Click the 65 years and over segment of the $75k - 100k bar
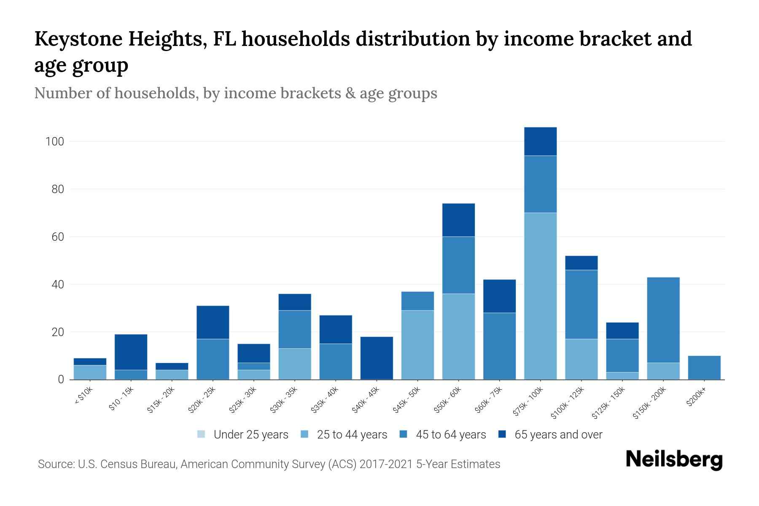pyautogui.click(x=540, y=141)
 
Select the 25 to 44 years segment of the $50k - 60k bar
pyautogui.click(x=458, y=336)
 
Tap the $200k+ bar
pyautogui.click(x=704, y=368)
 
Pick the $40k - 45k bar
pyautogui.click(x=377, y=358)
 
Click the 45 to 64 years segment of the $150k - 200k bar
pyautogui.click(x=663, y=320)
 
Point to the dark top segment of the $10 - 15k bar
pyautogui.click(x=131, y=352)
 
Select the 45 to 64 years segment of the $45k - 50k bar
pyautogui.click(x=417, y=301)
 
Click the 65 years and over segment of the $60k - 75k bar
pyautogui.click(x=499, y=296)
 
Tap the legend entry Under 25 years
pyautogui.click(x=251, y=435)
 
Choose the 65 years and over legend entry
pyautogui.click(x=558, y=435)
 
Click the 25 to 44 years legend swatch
pyautogui.click(x=305, y=434)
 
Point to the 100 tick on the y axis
pyautogui.click(x=55, y=142)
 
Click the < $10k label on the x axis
pyautogui.click(x=83, y=396)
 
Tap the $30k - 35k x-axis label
pyautogui.click(x=283, y=400)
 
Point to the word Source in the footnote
pyautogui.click(x=54, y=464)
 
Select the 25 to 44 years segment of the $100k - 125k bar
pyautogui.click(x=581, y=359)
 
